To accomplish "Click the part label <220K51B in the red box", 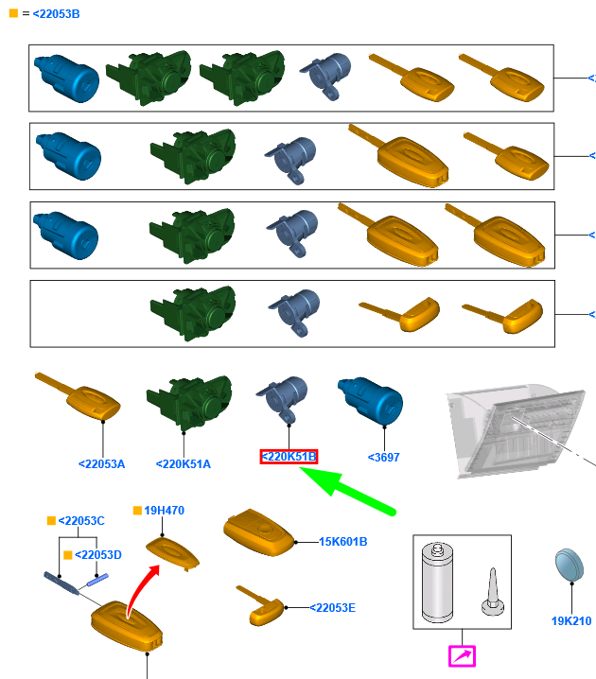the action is point(289,457).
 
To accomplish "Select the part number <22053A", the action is point(102,464).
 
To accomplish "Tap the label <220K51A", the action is point(184,464).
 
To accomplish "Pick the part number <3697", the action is point(384,458).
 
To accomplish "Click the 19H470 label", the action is point(165,511).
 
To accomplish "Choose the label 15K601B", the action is point(343,542).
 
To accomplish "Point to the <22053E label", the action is point(333,608).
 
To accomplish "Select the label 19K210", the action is point(571,621).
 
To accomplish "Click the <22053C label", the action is point(81,521).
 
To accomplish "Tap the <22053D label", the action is point(98,555).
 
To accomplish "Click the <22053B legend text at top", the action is point(57,14).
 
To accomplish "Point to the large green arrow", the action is point(347,491).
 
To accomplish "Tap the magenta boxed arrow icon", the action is point(462,656).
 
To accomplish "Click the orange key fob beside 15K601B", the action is point(259,532).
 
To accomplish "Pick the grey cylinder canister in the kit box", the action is point(437,582).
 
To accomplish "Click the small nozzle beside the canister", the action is point(493,592).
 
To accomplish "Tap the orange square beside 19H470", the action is point(137,511).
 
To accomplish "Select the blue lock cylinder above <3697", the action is point(370,401).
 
